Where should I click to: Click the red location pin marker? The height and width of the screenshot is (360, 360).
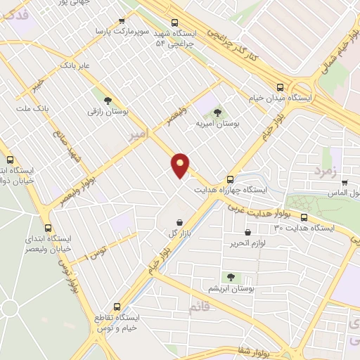(181, 165)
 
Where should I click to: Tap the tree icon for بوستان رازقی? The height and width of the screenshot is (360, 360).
(108, 100)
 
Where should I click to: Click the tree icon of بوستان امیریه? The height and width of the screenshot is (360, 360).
(217, 111)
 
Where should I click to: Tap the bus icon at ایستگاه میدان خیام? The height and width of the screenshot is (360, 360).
(281, 88)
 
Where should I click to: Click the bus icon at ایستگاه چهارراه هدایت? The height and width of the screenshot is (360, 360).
(230, 179)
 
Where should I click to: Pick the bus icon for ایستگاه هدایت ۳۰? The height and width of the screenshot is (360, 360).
(304, 217)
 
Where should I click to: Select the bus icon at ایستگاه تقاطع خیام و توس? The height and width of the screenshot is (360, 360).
(117, 307)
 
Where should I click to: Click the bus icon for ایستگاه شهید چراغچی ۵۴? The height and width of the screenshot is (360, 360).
(172, 22)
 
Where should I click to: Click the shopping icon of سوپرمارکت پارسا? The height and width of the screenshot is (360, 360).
(123, 21)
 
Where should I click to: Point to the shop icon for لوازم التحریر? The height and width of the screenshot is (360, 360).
(247, 232)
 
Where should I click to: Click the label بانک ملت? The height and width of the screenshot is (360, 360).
(31, 110)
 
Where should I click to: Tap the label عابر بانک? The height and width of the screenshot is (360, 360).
(77, 65)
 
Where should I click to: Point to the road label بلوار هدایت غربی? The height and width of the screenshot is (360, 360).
(255, 209)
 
